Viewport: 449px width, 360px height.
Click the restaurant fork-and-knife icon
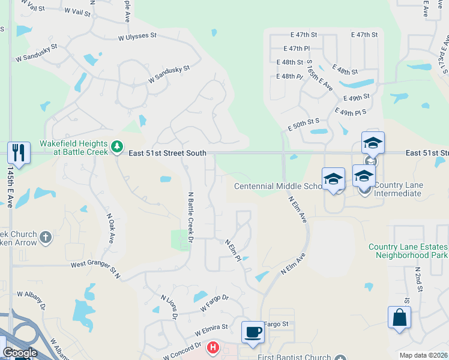point(19,152)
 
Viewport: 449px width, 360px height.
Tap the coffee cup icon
point(252,332)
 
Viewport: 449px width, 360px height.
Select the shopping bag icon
point(399,317)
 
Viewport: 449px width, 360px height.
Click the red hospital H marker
point(212,347)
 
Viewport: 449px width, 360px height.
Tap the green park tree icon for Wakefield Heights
point(117,146)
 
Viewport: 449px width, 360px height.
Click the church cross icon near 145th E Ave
point(46,238)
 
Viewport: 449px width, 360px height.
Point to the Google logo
point(19,353)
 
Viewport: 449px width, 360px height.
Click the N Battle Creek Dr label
point(191,217)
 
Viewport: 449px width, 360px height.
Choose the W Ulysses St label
point(137,37)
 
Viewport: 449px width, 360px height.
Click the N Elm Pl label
point(233,250)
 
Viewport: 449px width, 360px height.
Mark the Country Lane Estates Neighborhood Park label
point(408,251)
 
